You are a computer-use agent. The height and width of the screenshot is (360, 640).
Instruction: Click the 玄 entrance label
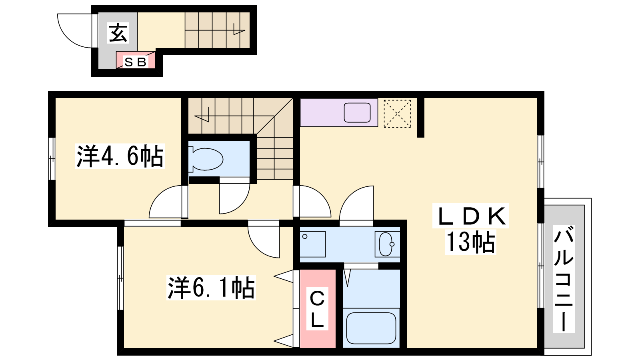coord(118,33)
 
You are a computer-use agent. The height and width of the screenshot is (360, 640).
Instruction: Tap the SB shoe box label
coord(136,62)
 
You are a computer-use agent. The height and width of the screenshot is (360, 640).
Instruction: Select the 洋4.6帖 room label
coord(120,156)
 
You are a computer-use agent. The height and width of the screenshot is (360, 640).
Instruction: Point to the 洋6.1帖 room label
coord(211,288)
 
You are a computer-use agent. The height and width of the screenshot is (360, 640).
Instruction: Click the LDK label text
coord(470,216)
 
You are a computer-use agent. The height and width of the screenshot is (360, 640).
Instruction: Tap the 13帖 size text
coord(470,242)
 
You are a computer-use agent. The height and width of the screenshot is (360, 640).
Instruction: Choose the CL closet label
coord(317,309)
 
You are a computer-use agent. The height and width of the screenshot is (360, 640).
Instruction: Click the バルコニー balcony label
coord(564,278)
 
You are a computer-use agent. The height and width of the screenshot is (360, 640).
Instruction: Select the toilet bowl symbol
coord(206,159)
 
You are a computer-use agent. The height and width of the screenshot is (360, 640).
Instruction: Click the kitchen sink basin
coord(357,112)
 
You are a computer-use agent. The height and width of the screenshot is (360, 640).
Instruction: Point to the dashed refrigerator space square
coord(397,114)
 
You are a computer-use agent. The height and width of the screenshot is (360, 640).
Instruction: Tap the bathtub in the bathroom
coord(371,328)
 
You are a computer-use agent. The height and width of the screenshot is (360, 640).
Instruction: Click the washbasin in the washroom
coord(386,244)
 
